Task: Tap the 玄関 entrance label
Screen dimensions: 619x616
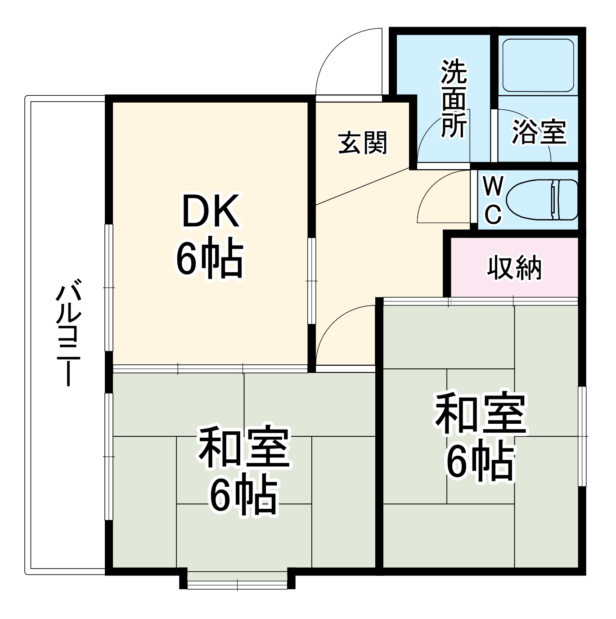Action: point(362,143)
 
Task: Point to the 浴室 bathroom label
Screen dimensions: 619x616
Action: point(539,132)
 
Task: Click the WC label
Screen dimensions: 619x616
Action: point(493,200)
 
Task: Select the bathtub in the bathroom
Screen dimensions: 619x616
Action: point(537,65)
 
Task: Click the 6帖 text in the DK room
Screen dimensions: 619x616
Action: point(210,259)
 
